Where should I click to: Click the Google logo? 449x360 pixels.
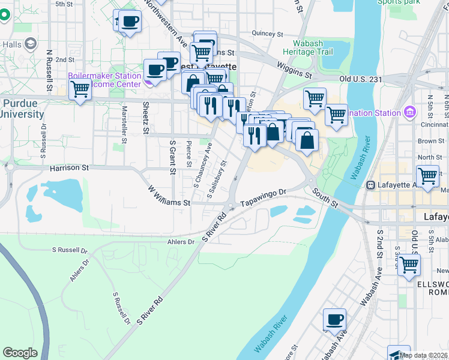pyautogui.click(x=20, y=353)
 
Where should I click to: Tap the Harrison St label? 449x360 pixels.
pyautogui.click(x=70, y=169)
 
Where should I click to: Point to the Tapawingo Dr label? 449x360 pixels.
pyautogui.click(x=265, y=197)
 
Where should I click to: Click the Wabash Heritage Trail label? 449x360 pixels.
pyautogui.click(x=312, y=47)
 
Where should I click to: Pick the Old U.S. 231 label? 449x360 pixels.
pyautogui.click(x=361, y=79)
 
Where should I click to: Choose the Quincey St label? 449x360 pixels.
pyautogui.click(x=267, y=34)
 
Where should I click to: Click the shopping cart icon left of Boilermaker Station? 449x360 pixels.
pyautogui.click(x=80, y=90)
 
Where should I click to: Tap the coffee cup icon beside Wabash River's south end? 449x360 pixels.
pyautogui.click(x=334, y=319)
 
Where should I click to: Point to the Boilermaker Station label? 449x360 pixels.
pyautogui.click(x=96, y=76)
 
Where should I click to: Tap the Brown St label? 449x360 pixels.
pyautogui.click(x=430, y=141)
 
